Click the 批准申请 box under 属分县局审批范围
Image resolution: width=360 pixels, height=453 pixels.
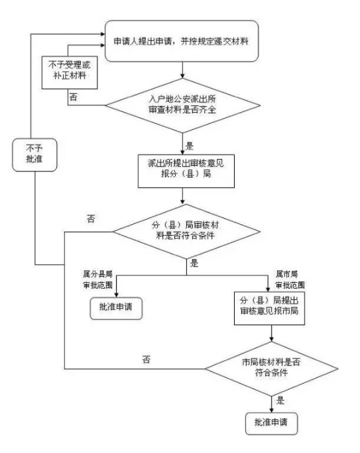(x=116, y=307)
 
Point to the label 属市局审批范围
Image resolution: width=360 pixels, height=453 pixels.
(x=290, y=279)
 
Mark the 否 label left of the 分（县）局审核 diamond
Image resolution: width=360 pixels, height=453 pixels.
(x=91, y=219)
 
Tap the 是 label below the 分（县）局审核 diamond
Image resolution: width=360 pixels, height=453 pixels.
(x=195, y=263)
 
